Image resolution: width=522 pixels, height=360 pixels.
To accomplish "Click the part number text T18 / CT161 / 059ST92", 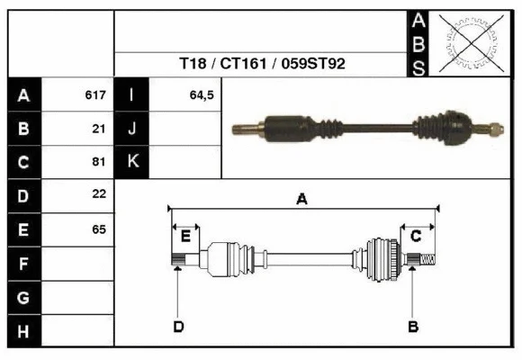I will [x=262, y=64].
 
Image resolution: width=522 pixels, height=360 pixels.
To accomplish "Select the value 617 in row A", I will [x=95, y=95].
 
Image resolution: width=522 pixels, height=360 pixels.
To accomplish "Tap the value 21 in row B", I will [x=99, y=129].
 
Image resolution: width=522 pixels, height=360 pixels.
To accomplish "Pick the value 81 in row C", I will [x=99, y=162].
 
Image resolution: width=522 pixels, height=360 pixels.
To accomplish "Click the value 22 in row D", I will [x=99, y=194].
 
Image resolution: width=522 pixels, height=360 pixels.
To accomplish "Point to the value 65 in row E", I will [x=99, y=229].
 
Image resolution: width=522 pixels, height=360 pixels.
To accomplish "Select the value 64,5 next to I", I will [x=201, y=95].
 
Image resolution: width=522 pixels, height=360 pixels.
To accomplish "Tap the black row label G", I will [x=23, y=296].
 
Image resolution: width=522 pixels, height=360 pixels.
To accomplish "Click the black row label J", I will [x=131, y=129].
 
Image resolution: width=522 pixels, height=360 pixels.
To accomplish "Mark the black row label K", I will [x=131, y=162].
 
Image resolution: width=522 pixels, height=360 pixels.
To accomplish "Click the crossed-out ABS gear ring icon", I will [x=469, y=42].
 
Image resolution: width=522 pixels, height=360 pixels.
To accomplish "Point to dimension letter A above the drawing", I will [x=302, y=200].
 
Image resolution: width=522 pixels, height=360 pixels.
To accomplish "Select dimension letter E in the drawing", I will [x=185, y=236].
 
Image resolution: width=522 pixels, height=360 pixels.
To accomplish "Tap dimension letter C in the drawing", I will [x=416, y=236].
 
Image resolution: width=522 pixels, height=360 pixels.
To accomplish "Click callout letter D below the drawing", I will [x=178, y=326].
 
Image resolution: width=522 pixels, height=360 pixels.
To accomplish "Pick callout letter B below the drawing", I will [x=413, y=326].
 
